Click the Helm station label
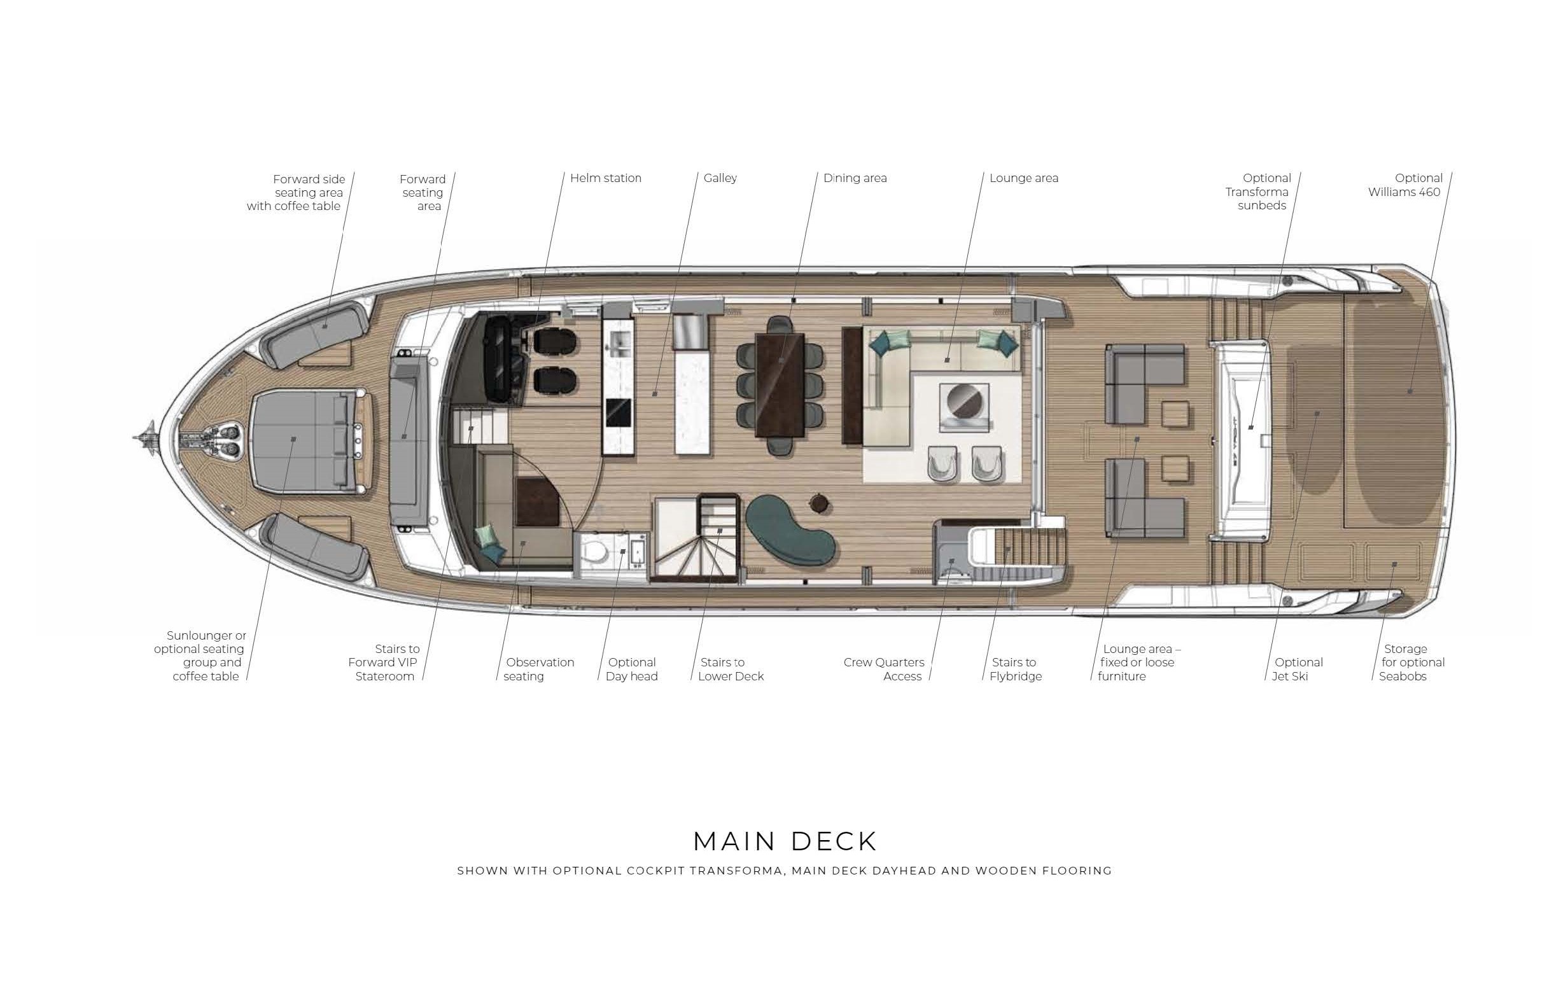click(605, 178)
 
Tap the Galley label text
click(720, 178)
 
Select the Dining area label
click(855, 178)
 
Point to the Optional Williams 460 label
click(1405, 185)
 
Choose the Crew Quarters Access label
click(884, 669)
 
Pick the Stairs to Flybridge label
click(1015, 669)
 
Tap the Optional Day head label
click(631, 669)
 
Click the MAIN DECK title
click(785, 841)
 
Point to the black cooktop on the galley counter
click(618, 412)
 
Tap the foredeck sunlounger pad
click(303, 440)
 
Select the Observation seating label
click(538, 669)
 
